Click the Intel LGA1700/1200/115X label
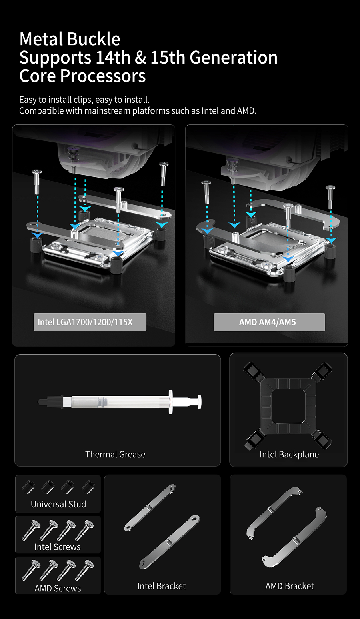pos(85,322)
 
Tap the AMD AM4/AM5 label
pos(267,322)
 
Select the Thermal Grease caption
pos(115,454)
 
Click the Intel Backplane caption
pos(289,455)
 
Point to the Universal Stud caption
pos(58,504)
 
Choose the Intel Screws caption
pos(58,547)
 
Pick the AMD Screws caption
pos(58,588)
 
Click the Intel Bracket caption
pos(162,586)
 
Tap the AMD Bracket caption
pos(290,586)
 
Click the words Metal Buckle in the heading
pos(70,39)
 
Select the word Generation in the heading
pos(233,58)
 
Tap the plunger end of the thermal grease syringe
pos(199,401)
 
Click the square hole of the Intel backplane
pos(288,406)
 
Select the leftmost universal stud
pos(28,487)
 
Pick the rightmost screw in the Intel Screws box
pos(84,530)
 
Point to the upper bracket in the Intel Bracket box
pos(150,507)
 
